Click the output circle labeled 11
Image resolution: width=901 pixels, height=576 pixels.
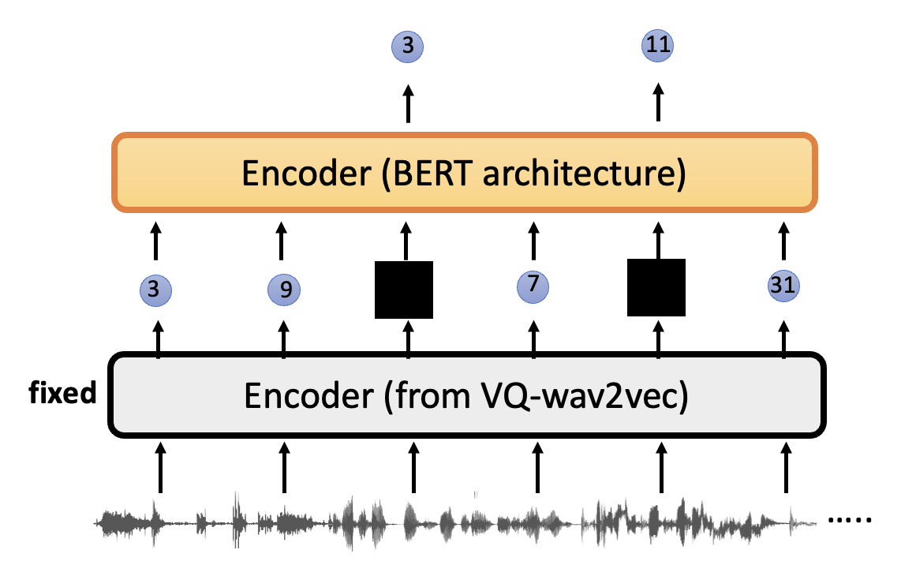[x=657, y=46]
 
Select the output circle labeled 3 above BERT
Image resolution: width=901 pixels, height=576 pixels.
[x=407, y=47]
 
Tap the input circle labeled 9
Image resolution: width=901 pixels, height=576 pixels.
[x=284, y=289]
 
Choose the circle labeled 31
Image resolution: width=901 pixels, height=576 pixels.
[x=783, y=286]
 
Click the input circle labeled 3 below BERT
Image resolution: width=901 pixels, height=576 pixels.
[x=155, y=289]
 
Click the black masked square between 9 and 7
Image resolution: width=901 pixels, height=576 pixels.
[x=404, y=290]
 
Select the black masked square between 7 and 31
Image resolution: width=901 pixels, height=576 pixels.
[x=656, y=287]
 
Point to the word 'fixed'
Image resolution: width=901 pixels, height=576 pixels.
[x=62, y=393]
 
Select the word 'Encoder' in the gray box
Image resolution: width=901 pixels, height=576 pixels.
[x=309, y=396]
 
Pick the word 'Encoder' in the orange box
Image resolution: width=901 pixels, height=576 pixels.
[x=306, y=173]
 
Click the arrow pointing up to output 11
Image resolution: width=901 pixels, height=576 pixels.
[x=659, y=103]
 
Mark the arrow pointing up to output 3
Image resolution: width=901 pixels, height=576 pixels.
[x=408, y=103]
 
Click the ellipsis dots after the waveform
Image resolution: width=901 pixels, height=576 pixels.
[x=850, y=520]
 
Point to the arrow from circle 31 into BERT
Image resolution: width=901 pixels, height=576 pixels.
[x=783, y=241]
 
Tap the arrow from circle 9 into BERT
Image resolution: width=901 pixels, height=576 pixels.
[x=281, y=241]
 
